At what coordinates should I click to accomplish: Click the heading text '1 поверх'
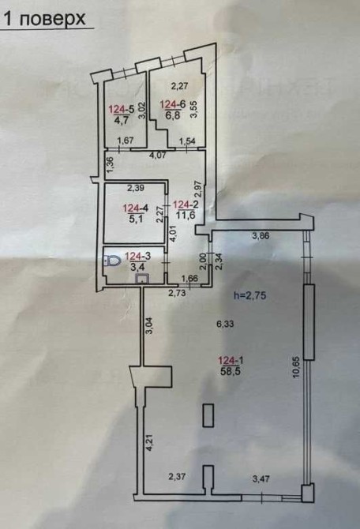(45, 18)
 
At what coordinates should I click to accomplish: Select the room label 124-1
(231, 361)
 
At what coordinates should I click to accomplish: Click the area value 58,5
(231, 371)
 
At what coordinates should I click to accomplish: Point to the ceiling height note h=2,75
(250, 295)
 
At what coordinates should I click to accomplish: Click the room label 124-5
(122, 109)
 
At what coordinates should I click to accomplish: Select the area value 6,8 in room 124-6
(172, 115)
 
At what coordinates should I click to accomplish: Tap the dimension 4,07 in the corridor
(159, 156)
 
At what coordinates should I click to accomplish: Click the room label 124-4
(135, 208)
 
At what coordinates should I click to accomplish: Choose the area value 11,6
(185, 215)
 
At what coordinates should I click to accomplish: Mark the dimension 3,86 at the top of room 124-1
(261, 236)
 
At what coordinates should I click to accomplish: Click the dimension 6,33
(225, 325)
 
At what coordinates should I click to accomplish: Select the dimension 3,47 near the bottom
(261, 478)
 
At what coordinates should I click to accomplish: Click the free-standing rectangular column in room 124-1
(208, 415)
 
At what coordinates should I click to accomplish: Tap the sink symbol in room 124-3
(141, 279)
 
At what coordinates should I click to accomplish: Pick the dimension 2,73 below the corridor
(178, 293)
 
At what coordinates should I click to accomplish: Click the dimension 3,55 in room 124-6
(193, 109)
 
